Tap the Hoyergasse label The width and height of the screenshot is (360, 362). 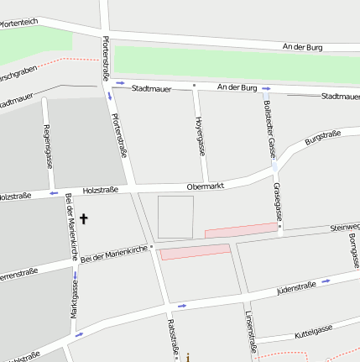click(x=201, y=137)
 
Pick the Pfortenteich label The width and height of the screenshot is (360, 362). click(x=18, y=21)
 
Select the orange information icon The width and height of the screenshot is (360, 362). click(x=189, y=356)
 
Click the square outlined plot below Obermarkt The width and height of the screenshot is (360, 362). click(x=176, y=216)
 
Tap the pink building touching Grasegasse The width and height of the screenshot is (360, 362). click(x=240, y=228)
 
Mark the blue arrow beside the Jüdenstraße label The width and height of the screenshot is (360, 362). click(x=326, y=281)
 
